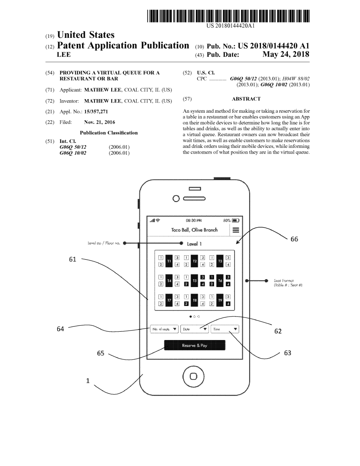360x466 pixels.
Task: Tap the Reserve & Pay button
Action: pyautogui.click(x=194, y=345)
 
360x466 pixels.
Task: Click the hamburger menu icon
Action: pyautogui.click(x=236, y=230)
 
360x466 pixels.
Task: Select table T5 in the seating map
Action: pyautogui.click(x=194, y=281)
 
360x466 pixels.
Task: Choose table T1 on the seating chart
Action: pyautogui.click(x=169, y=261)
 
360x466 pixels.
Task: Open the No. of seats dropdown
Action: pyautogui.click(x=164, y=329)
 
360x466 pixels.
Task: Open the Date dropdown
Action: pyautogui.click(x=194, y=329)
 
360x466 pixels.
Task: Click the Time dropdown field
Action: pyautogui.click(x=225, y=329)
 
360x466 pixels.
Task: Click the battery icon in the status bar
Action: pyautogui.click(x=235, y=220)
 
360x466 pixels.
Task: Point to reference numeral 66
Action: pyautogui.click(x=294, y=239)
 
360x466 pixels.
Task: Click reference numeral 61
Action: pyautogui.click(x=73, y=259)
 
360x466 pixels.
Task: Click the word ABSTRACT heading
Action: pyautogui.click(x=246, y=99)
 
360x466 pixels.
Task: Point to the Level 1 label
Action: pyautogui.click(x=194, y=244)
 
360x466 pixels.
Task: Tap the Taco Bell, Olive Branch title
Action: pyautogui.click(x=194, y=230)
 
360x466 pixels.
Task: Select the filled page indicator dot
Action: pyautogui.click(x=190, y=316)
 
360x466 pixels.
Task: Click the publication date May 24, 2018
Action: pyautogui.click(x=286, y=54)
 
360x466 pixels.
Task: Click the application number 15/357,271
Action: pyautogui.click(x=96, y=112)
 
